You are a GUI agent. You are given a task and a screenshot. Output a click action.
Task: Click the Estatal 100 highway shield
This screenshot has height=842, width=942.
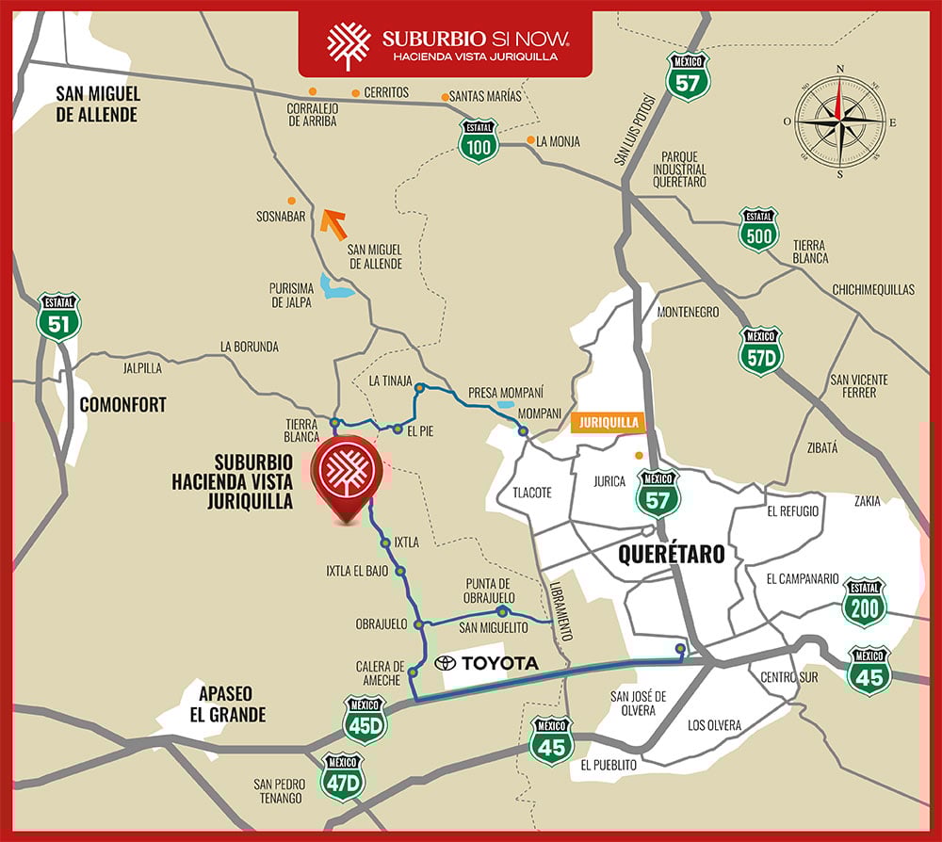coord(479,140)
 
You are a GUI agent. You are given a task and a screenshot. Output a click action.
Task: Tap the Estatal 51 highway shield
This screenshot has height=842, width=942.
coord(58,317)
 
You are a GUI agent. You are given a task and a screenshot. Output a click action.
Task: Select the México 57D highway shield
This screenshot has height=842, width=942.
coord(761,350)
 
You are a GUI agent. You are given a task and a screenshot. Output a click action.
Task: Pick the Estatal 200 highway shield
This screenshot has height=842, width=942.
coord(864,602)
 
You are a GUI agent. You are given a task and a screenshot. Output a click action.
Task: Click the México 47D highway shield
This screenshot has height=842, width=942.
coord(342,776)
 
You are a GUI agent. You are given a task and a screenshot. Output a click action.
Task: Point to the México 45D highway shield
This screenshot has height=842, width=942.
coord(365,720)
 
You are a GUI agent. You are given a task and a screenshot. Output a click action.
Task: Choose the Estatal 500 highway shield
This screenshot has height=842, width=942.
coord(758,230)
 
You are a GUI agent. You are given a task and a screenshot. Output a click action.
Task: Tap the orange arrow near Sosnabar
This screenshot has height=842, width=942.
coord(333,224)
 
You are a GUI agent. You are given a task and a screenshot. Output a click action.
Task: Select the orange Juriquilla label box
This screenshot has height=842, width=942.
coord(609,423)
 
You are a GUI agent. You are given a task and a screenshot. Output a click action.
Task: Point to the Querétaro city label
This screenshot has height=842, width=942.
coord(671,554)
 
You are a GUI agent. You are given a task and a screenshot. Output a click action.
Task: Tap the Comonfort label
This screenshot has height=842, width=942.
coord(122,405)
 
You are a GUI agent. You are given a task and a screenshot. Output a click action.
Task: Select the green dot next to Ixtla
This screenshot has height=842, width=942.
coord(384,543)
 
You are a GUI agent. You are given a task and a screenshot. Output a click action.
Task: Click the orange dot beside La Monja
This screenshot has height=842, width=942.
coord(528,142)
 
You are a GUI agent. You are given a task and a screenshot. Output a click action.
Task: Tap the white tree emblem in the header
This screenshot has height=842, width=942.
coord(349,46)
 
